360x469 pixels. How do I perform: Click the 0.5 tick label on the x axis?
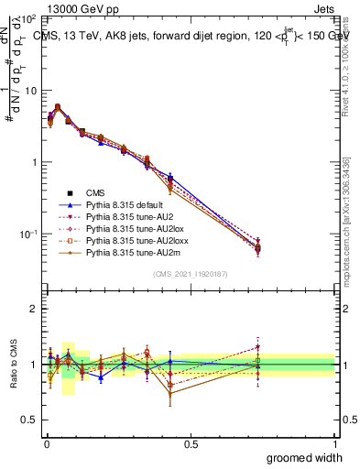point(190,443)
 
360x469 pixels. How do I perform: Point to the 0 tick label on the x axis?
point(46,443)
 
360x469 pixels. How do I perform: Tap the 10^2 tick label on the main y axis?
point(29,18)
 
